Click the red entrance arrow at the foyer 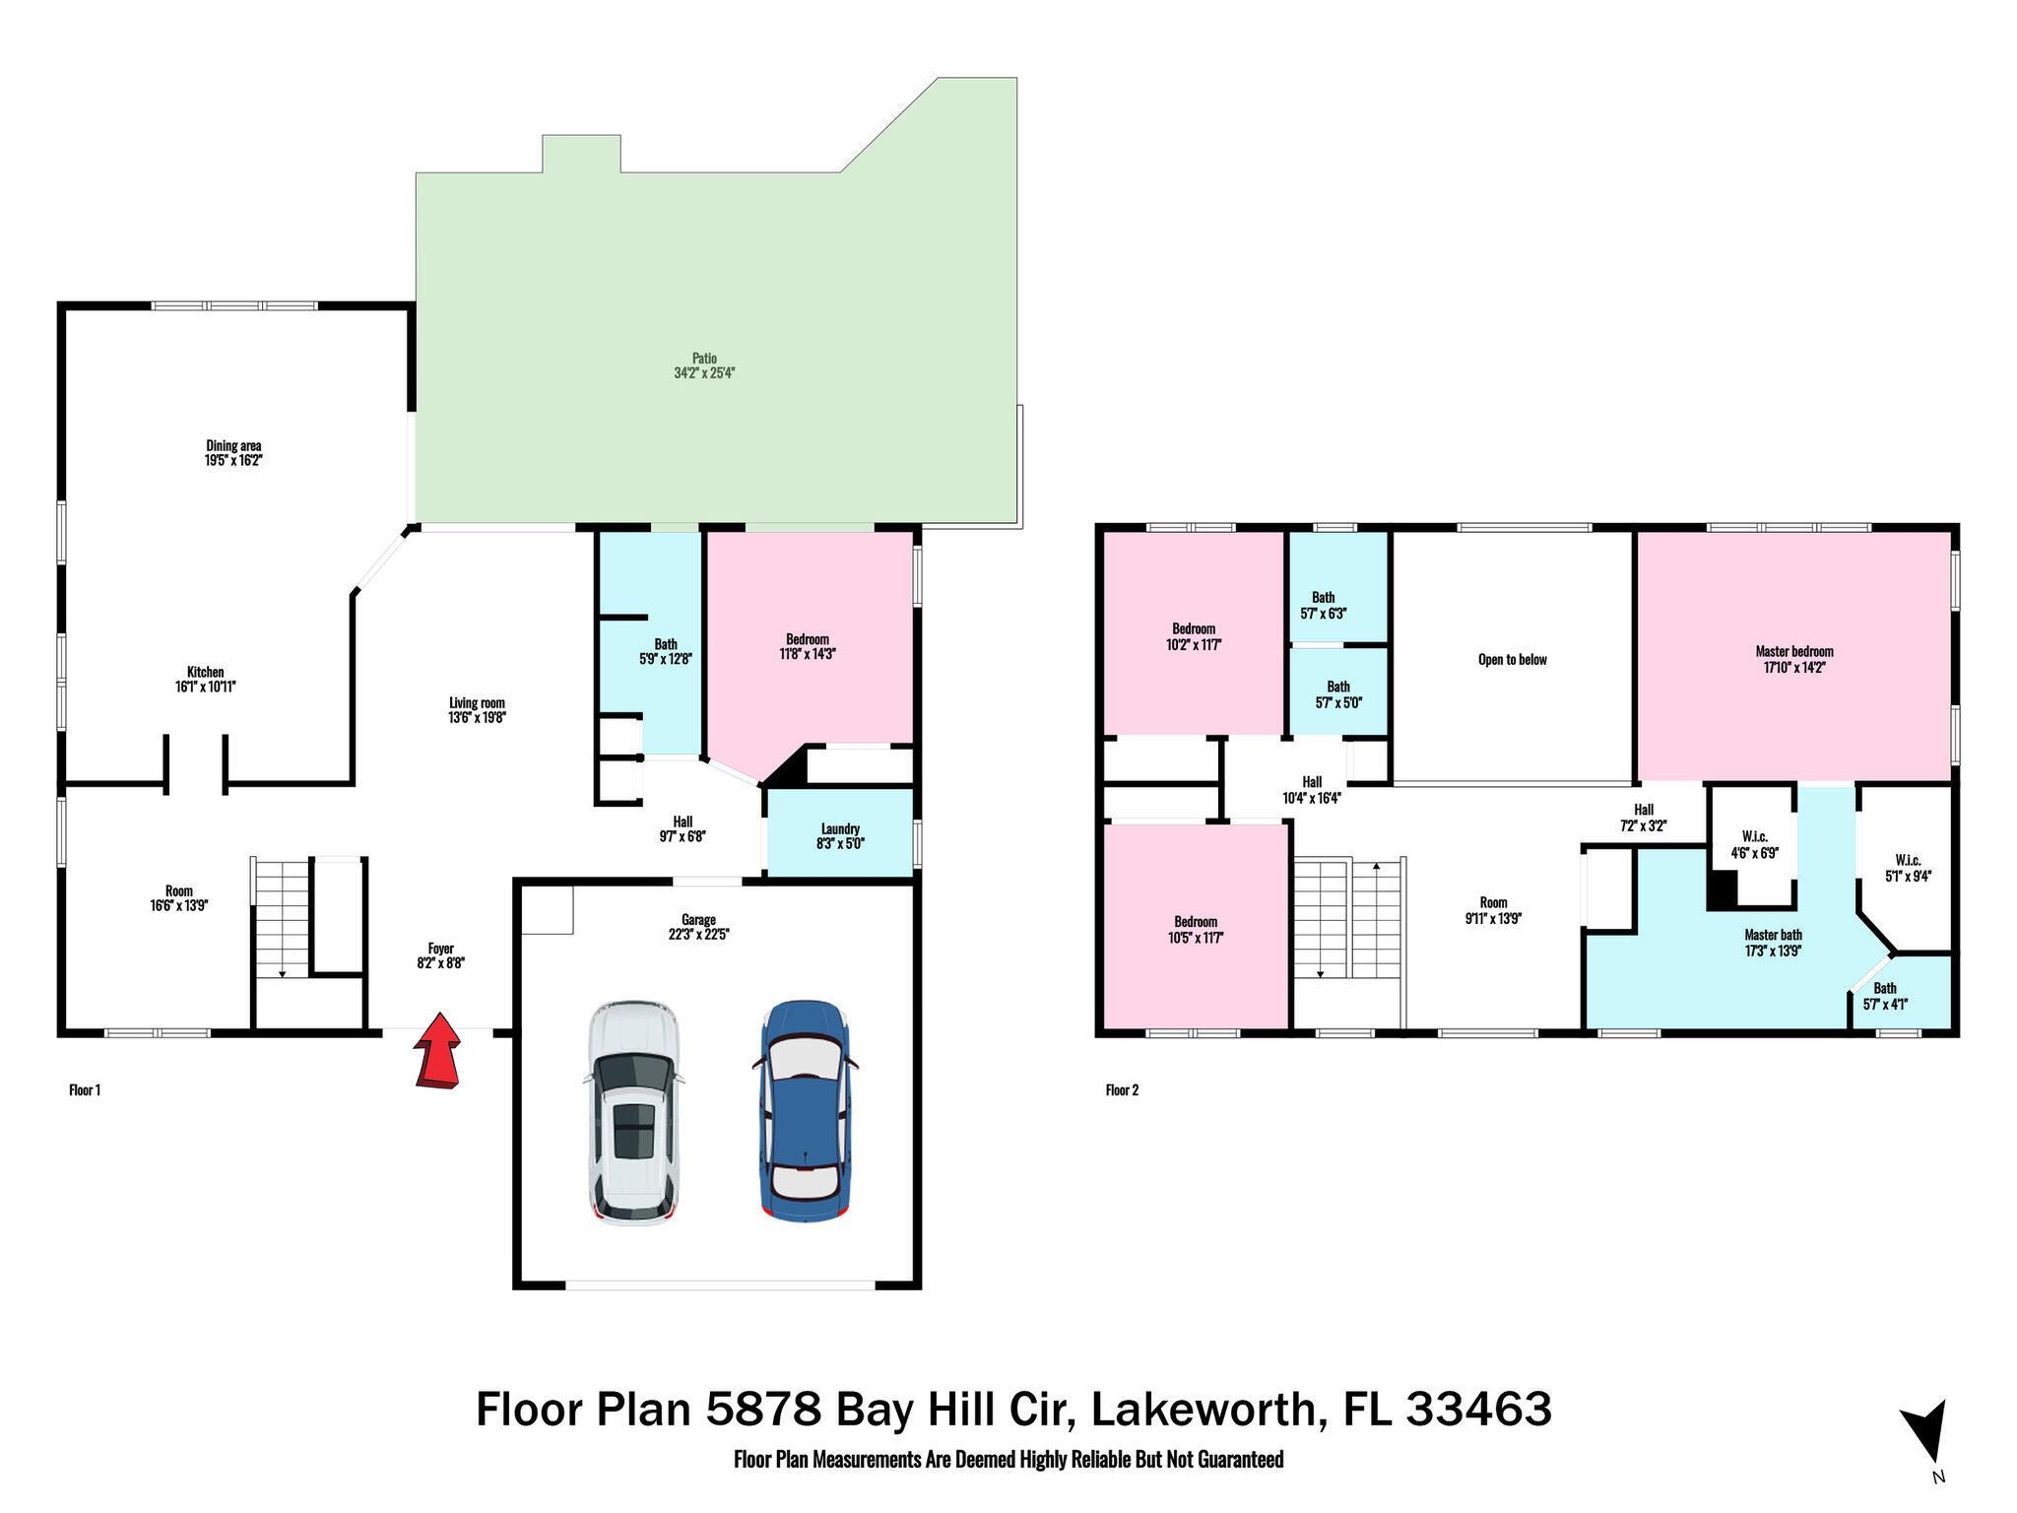(x=437, y=1052)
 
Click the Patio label (x=704, y=359)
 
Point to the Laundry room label (x=840, y=828)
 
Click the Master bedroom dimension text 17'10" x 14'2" (x=1793, y=667)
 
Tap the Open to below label (x=1512, y=660)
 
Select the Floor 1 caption (x=85, y=1089)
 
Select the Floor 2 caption (x=1122, y=1089)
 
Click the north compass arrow (x=1924, y=1432)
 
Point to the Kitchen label (x=206, y=672)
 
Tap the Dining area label (x=233, y=445)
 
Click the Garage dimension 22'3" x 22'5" (x=698, y=935)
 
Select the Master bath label (x=1773, y=935)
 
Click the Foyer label (x=440, y=949)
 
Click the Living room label (x=477, y=702)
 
